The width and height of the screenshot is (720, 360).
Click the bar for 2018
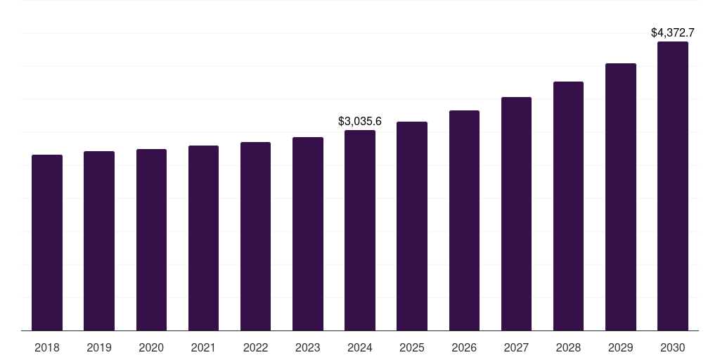coord(47,243)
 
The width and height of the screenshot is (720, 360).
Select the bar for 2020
coord(151,240)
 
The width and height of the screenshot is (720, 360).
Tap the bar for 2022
coord(255,236)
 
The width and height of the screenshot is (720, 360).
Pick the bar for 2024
coord(360,231)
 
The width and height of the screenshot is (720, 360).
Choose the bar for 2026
coord(464,221)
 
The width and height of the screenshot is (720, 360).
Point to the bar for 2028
coord(568,206)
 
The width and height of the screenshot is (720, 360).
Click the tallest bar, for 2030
coord(673,186)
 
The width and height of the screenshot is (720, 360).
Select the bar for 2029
coord(621,197)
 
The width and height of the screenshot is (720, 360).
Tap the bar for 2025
coord(412,226)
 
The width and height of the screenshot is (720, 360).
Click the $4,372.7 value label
coord(673,32)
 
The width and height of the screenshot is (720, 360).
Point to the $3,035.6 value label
coord(360,121)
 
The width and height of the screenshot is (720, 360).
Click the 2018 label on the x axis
coord(47,347)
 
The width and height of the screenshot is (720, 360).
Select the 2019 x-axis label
coord(99,347)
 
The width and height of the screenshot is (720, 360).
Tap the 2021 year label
coord(203,347)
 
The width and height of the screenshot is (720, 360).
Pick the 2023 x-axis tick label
coord(308,347)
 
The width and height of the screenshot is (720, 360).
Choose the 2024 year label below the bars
coord(360,347)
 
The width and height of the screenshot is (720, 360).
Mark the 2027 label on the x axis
coord(516,347)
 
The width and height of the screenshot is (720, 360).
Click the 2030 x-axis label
coord(673,347)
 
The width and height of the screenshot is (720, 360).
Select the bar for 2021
coord(203,238)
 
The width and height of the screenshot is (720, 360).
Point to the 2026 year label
coord(464,347)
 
